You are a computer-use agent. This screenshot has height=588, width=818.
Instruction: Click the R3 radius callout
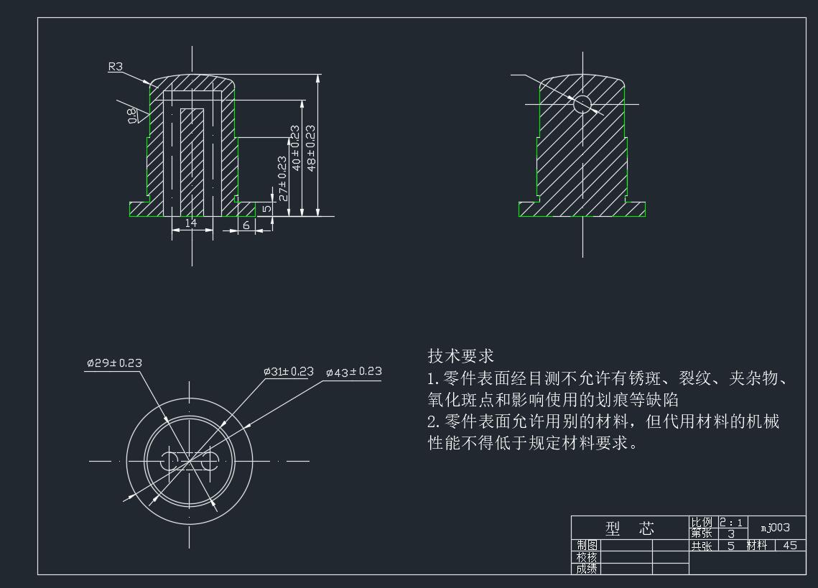click(115, 67)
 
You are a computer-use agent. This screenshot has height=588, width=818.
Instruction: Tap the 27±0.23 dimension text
click(282, 178)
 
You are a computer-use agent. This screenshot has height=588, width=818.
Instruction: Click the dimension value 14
click(191, 223)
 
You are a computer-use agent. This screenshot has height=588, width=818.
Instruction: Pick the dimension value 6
click(246, 225)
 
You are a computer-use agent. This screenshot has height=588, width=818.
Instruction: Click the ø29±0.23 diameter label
click(114, 363)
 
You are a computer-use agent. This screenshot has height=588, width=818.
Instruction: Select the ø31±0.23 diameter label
click(289, 372)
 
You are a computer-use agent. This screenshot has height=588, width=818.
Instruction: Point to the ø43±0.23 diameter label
click(353, 372)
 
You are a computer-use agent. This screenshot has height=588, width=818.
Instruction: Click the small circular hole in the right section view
click(581, 104)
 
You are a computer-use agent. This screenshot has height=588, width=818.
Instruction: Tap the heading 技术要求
click(461, 355)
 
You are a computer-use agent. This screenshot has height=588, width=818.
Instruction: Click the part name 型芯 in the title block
click(630, 529)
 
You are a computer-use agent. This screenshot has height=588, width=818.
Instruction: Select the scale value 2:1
click(732, 523)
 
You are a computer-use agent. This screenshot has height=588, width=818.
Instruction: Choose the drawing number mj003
click(775, 528)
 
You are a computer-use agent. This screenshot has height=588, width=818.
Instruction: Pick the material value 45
click(790, 546)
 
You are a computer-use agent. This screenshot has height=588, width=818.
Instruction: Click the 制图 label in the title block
click(587, 546)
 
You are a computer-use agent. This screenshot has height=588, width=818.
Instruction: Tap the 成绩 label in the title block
click(587, 569)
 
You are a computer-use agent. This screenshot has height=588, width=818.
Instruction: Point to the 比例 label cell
click(702, 523)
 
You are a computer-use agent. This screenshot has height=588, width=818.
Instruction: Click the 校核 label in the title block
click(587, 557)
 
